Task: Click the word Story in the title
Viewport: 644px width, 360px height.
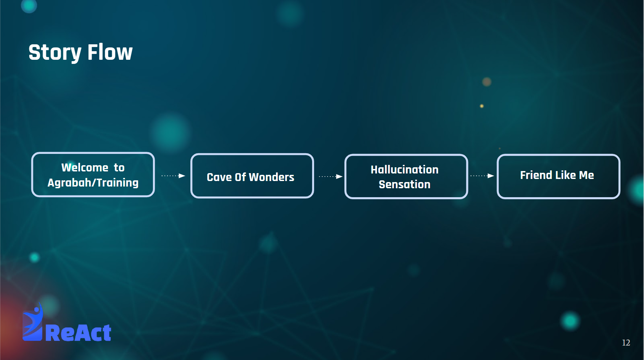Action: coord(55,53)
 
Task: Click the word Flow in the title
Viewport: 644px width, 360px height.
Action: coord(110,52)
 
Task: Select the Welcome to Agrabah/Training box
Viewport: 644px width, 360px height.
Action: coord(93,175)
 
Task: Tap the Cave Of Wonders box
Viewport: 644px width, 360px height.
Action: coord(252,176)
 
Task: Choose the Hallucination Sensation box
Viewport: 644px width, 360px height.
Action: coord(406,177)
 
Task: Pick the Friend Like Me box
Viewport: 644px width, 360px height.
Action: coord(558,177)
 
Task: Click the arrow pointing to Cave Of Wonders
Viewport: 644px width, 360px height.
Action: coord(173,176)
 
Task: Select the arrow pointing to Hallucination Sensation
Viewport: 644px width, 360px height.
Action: coord(331,177)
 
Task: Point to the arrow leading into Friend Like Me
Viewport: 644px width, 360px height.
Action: coord(482,176)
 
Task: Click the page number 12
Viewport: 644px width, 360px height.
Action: coord(626,342)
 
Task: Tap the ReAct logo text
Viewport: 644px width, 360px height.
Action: coord(78,333)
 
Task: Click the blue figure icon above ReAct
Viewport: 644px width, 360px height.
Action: coord(33,322)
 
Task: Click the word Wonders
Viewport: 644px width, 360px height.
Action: coord(271,177)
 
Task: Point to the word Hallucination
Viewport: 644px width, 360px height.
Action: coord(404,170)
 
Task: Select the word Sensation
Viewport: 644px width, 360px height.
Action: coord(404,184)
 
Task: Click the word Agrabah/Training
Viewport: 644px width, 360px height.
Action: coord(93,183)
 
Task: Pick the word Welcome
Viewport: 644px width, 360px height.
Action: coord(85,168)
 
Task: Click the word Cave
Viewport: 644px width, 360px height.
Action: coord(219,177)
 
